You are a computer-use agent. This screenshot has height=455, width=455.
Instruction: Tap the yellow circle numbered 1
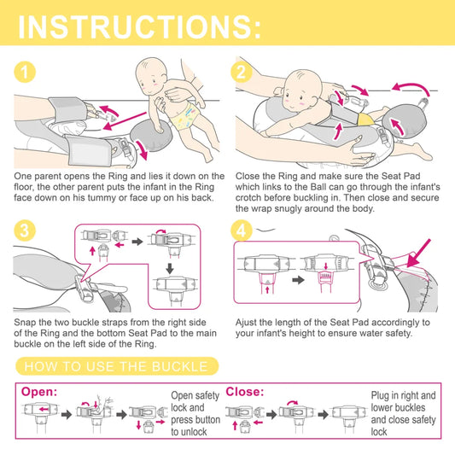[x=25, y=72]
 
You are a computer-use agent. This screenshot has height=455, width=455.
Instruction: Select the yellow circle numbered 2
[x=241, y=72]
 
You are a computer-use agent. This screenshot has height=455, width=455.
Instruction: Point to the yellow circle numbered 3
[x=25, y=230]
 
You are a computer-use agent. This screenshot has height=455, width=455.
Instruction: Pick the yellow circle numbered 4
[x=242, y=230]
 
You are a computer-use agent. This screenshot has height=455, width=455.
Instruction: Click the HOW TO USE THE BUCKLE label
[x=116, y=366]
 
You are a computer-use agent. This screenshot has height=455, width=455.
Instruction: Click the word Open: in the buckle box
[x=39, y=392]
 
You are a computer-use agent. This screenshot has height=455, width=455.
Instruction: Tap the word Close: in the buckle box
[x=245, y=392]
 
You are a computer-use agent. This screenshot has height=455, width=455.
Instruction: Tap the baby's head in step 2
[x=302, y=90]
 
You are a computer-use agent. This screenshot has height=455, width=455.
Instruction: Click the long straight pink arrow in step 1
[x=125, y=121]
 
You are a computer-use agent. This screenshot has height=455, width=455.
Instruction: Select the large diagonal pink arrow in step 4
[x=418, y=254]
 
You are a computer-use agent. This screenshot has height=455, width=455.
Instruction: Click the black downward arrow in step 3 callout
[x=170, y=268]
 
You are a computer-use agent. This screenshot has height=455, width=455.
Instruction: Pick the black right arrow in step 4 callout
[x=298, y=280]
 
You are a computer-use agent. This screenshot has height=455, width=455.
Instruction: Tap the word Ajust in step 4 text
[x=246, y=323]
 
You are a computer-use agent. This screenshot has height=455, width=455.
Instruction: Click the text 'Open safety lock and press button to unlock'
[x=195, y=413]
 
